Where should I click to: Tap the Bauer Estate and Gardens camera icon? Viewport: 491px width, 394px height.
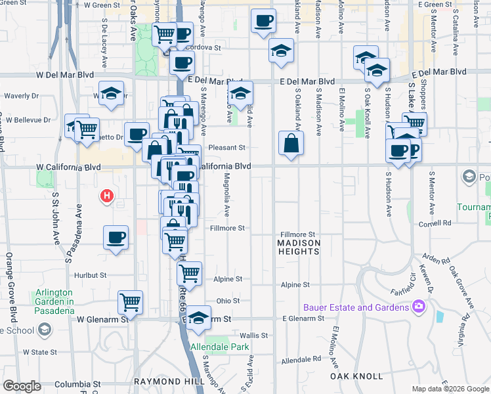point(418,307)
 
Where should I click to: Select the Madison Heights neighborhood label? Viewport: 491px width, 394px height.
point(299,248)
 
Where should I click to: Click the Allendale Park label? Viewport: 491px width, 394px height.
point(219,346)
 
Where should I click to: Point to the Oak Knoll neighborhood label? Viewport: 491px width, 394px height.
point(357,376)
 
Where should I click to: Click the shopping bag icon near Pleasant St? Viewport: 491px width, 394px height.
point(291,144)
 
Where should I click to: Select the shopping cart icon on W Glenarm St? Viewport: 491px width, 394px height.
point(131,303)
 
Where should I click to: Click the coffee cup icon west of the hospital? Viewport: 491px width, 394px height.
point(116,237)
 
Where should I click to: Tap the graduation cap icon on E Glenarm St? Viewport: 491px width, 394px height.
point(199,318)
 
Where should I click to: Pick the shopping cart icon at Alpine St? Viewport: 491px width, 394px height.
point(189,274)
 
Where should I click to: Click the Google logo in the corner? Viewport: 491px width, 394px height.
point(22,386)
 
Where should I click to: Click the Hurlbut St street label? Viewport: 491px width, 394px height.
point(89,276)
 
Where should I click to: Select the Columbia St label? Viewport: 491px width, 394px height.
point(77,384)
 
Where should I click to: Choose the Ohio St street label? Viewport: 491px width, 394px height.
point(228,301)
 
